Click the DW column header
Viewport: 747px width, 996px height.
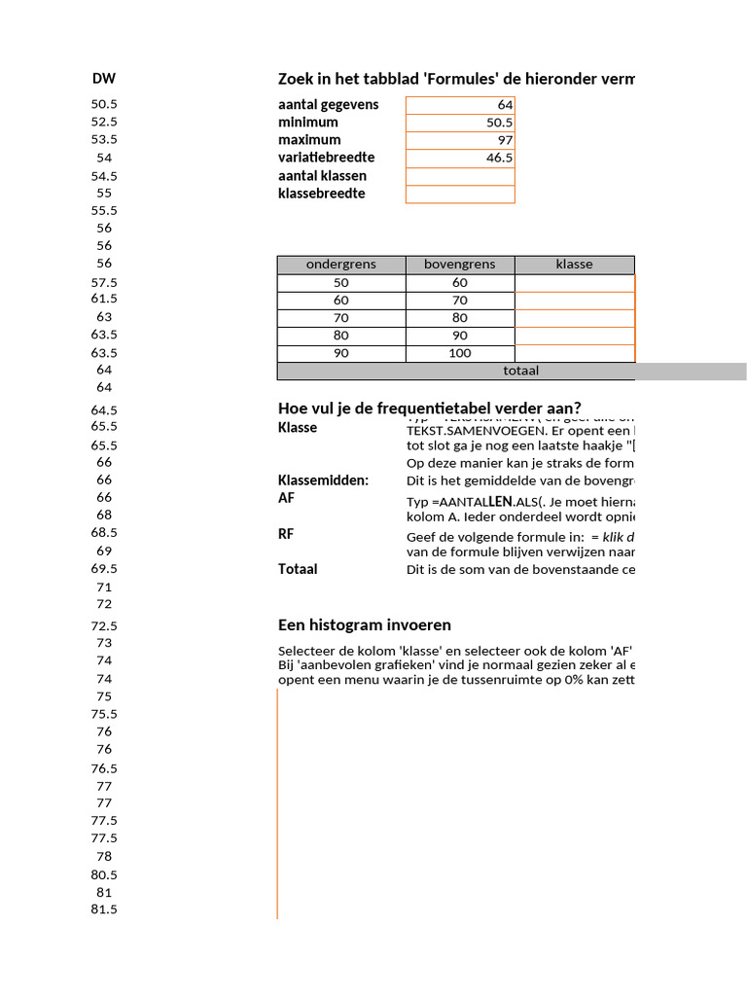(x=104, y=79)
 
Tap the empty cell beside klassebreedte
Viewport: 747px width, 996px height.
(x=460, y=194)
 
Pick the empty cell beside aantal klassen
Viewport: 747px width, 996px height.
(x=460, y=176)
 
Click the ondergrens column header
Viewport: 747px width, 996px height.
(x=340, y=265)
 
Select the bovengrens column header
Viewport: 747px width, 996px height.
(x=460, y=265)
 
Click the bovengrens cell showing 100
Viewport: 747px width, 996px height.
(x=460, y=353)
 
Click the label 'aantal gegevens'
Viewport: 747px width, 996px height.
(x=329, y=104)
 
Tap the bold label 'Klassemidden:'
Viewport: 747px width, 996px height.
(x=324, y=480)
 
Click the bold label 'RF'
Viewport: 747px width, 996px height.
(x=286, y=534)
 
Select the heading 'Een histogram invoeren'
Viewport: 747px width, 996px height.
(x=365, y=625)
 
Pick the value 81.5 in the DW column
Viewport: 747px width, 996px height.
(x=104, y=909)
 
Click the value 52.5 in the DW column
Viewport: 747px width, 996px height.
(x=104, y=122)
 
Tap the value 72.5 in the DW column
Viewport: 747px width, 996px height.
(x=104, y=626)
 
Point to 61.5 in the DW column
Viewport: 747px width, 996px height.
(x=104, y=299)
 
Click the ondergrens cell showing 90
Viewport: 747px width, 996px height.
(x=340, y=353)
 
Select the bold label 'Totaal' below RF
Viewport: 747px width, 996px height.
(x=298, y=569)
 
